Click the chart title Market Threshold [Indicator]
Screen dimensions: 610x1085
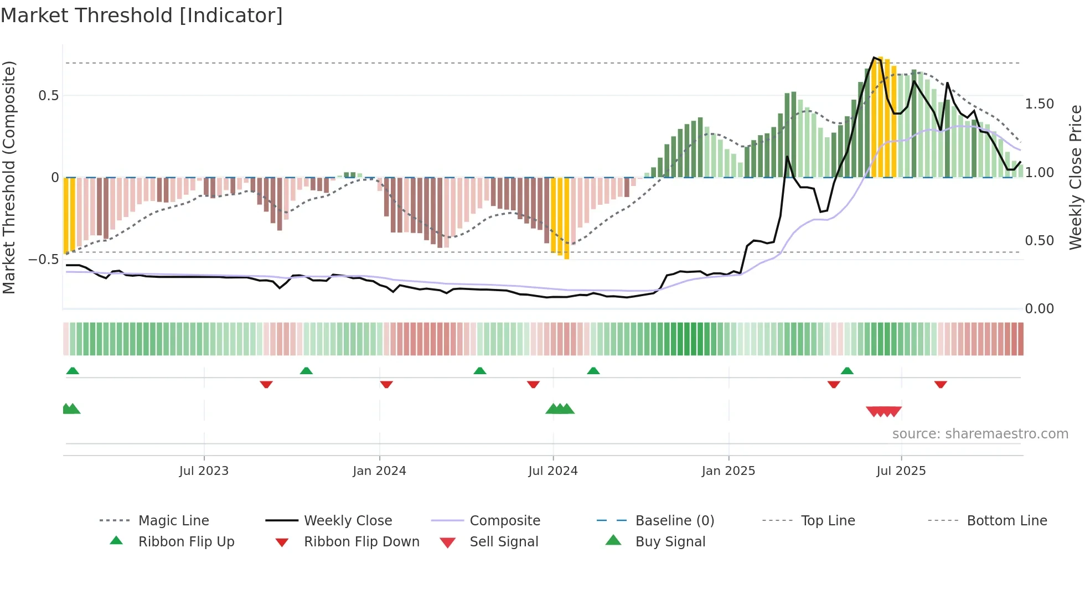point(142,15)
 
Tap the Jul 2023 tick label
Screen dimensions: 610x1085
point(204,471)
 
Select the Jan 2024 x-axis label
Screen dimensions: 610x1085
point(379,471)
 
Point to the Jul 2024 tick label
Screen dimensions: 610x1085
point(552,471)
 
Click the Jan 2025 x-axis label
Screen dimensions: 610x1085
point(728,471)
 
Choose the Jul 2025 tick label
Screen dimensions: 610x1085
point(901,471)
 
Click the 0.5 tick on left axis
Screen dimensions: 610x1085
point(49,96)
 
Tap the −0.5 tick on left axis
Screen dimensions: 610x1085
point(44,260)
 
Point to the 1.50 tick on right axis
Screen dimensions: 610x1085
point(1039,104)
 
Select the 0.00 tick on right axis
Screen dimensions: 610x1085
point(1039,309)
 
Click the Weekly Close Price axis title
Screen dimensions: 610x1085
point(1075,177)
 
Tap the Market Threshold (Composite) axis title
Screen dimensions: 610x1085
point(9,177)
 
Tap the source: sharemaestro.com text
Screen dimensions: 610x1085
point(980,434)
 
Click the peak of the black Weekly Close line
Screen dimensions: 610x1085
point(874,58)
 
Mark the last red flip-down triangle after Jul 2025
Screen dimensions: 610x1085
point(941,384)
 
